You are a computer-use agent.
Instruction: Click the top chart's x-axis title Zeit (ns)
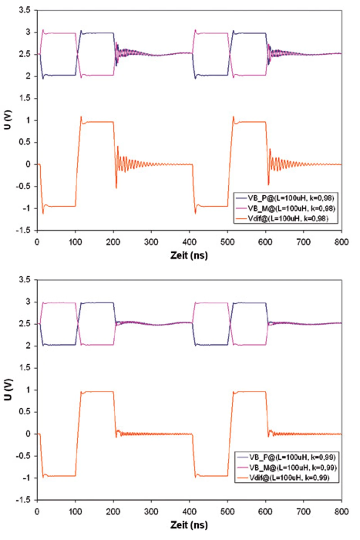pyautogui.click(x=189, y=255)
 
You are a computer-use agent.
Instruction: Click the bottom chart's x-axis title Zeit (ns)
pyautogui.click(x=189, y=525)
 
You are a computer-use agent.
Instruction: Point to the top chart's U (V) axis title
pyautogui.click(x=8, y=120)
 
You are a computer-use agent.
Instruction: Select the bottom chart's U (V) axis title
pyautogui.click(x=8, y=389)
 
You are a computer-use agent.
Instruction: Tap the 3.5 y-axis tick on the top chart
pyautogui.click(x=24, y=10)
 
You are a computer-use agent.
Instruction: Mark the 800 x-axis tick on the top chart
pyautogui.click(x=341, y=242)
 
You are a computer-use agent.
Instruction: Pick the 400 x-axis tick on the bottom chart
pyautogui.click(x=189, y=511)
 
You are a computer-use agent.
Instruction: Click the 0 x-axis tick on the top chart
pyautogui.click(x=37, y=242)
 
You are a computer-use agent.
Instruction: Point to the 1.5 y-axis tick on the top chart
pyautogui.click(x=24, y=98)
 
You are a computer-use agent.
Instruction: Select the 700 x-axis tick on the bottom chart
pyautogui.click(x=303, y=511)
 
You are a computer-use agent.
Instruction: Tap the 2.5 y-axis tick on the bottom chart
pyautogui.click(x=24, y=324)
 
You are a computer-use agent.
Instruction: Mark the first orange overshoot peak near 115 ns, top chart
pyautogui.click(x=81, y=117)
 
